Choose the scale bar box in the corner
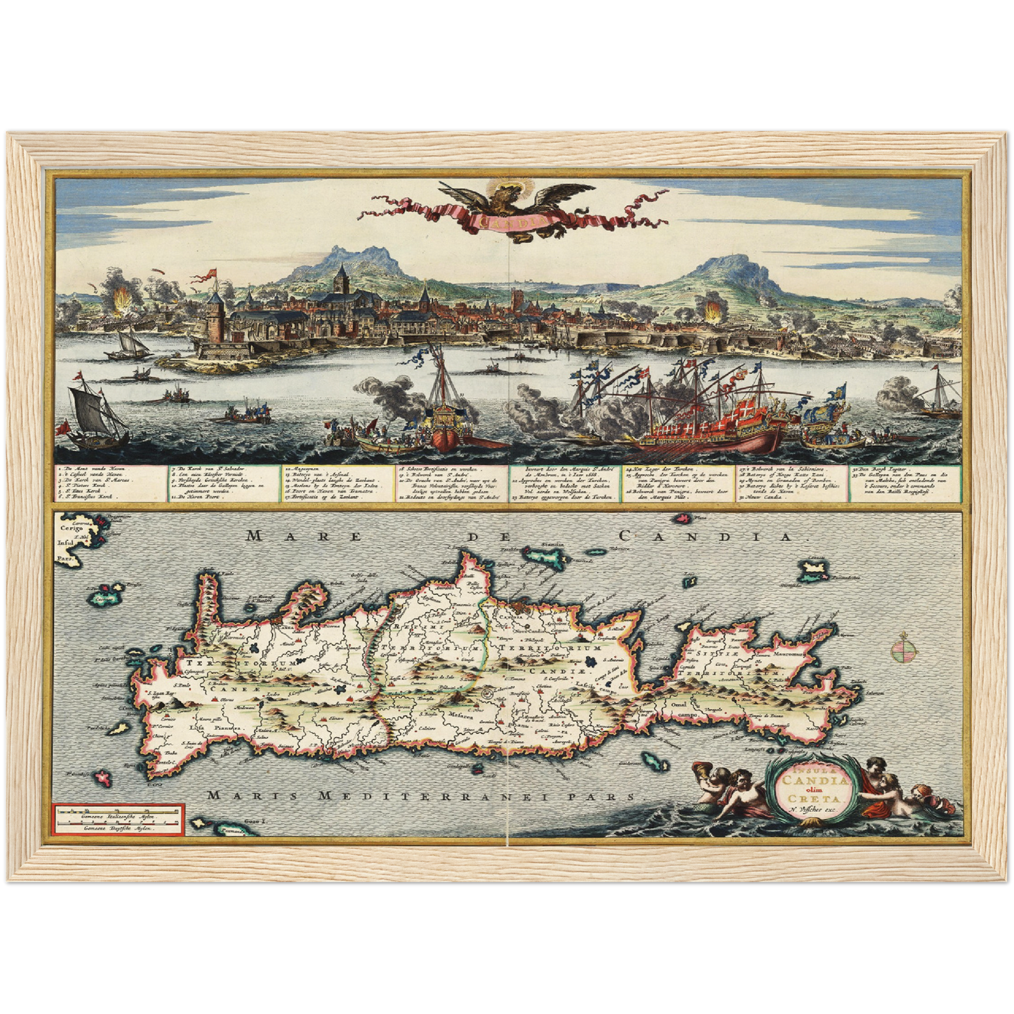(117, 819)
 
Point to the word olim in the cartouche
(811, 788)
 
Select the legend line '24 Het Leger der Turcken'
(651, 468)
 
